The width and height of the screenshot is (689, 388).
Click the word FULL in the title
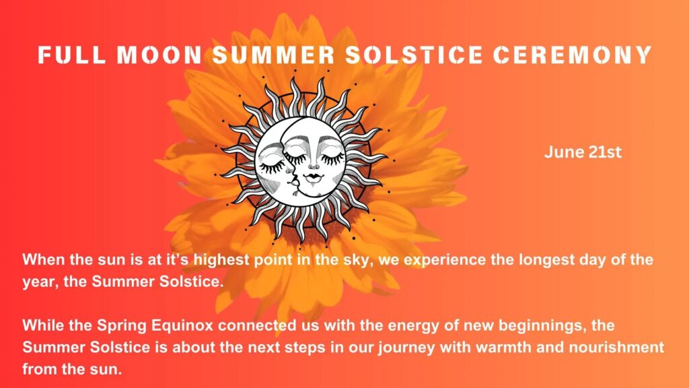pyautogui.click(x=71, y=55)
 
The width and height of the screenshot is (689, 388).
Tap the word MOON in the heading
pyautogui.click(x=159, y=55)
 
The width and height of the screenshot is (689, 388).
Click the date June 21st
pyautogui.click(x=583, y=152)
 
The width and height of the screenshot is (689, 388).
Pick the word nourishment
pyautogui.click(x=616, y=348)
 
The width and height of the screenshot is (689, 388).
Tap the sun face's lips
pyautogui.click(x=314, y=177)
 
